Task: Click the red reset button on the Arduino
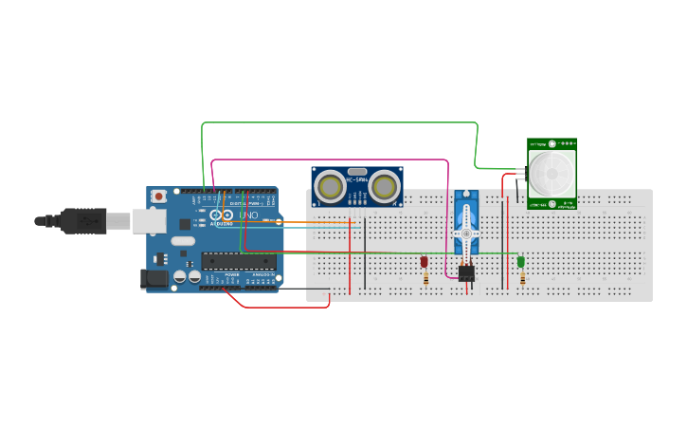[x=159, y=196]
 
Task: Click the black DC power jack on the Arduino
[x=153, y=279]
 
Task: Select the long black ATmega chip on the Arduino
[x=238, y=261]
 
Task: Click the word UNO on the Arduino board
[x=247, y=215]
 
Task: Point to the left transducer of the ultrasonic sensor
[x=330, y=185]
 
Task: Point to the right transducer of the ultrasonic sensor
[x=385, y=185]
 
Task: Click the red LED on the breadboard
[x=425, y=261]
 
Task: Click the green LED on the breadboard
[x=520, y=261]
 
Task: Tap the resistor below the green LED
[x=522, y=279]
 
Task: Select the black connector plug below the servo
[x=466, y=273]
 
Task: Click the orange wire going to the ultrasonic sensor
[x=313, y=222]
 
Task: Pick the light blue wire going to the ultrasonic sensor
[x=313, y=229]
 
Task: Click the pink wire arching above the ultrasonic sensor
[x=332, y=160]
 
